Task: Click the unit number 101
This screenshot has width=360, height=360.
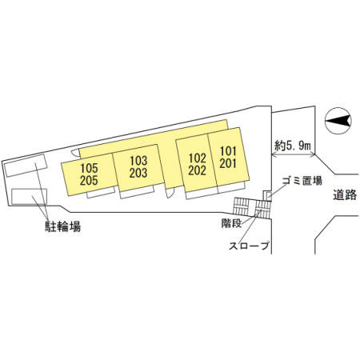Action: [x=228, y=151]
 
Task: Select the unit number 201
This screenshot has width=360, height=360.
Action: [x=228, y=163]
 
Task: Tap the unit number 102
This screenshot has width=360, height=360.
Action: [x=198, y=158]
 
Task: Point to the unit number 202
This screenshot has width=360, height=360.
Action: [x=198, y=170]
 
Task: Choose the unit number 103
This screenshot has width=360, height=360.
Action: [x=138, y=161]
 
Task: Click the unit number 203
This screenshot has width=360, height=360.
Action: [x=138, y=173]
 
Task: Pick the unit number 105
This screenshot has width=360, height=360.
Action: [x=89, y=168]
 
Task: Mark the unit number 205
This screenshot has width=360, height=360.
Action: [x=89, y=181]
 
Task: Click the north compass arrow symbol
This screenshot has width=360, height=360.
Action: [x=338, y=121]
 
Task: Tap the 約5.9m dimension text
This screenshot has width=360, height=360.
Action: [x=293, y=146]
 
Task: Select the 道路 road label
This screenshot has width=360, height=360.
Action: [x=345, y=194]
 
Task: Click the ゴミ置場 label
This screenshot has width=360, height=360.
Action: [x=302, y=181]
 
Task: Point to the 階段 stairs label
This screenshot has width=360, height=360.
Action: [x=231, y=223]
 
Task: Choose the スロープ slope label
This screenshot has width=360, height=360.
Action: [x=249, y=246]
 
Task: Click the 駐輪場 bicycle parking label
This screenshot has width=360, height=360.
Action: [x=62, y=226]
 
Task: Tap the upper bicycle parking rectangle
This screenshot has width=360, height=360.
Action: [x=26, y=166]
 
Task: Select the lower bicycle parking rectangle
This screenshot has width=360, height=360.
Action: [x=29, y=197]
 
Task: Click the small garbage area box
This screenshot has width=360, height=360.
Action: [x=267, y=195]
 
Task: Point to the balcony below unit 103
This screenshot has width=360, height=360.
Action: [x=137, y=192]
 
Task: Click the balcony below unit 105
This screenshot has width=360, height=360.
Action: [x=101, y=193]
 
